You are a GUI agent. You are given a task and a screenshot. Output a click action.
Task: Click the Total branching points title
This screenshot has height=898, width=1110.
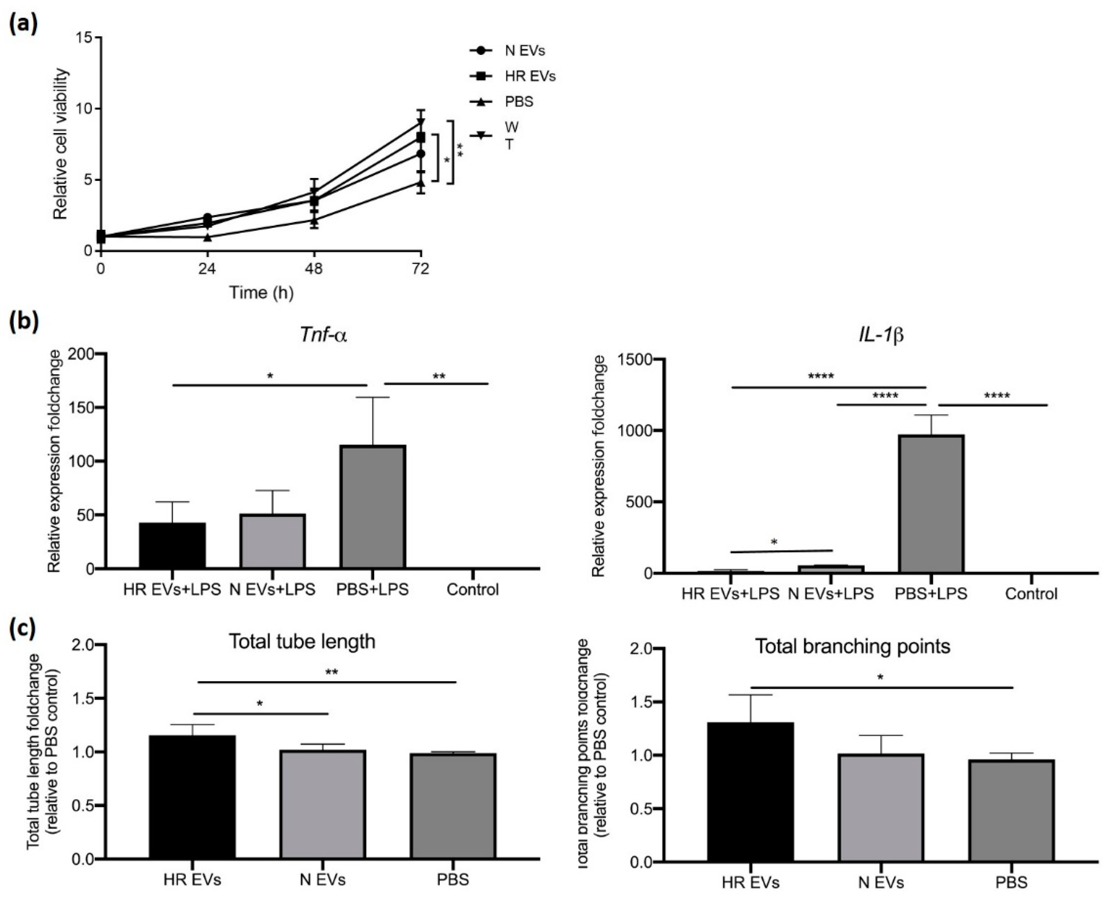[x=852, y=646]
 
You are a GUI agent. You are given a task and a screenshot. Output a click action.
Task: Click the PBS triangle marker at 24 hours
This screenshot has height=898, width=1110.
[x=207, y=237]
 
